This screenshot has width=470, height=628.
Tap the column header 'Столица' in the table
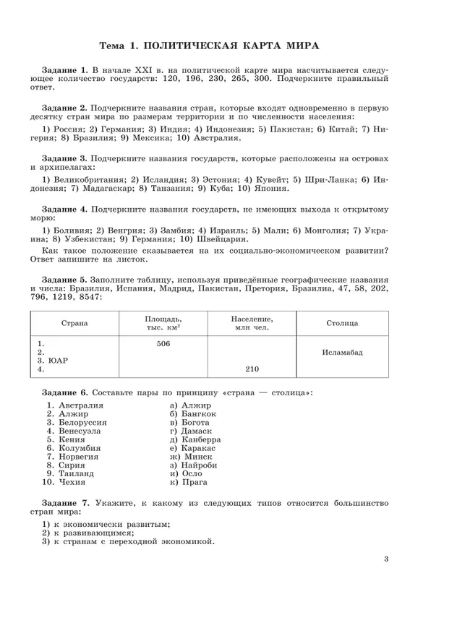tap(342, 323)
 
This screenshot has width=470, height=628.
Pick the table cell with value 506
tap(163, 344)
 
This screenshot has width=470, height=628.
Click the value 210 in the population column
tap(252, 369)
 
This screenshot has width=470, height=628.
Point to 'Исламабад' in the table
tap(342, 352)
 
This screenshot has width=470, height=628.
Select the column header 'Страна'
tap(74, 323)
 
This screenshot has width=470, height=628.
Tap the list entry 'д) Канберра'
tap(195, 439)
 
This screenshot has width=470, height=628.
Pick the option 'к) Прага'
tap(189, 481)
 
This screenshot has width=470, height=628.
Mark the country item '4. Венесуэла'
tap(74, 431)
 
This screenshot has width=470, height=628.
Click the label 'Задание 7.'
tap(65, 503)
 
